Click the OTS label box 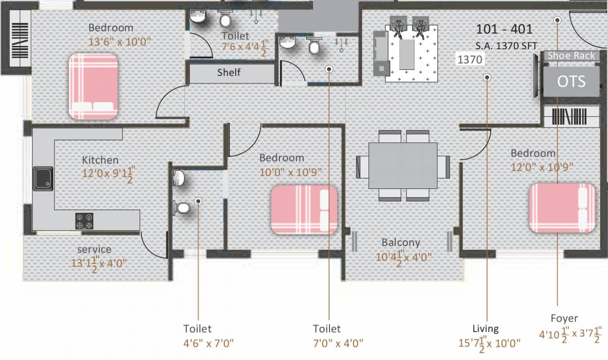(x=571, y=82)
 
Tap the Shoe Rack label (x=571, y=56)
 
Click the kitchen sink (x=43, y=179)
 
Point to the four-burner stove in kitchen (x=84, y=221)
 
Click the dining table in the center (x=403, y=165)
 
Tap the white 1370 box (x=470, y=59)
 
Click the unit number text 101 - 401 (x=504, y=29)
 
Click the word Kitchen (x=100, y=160)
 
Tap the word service (x=94, y=249)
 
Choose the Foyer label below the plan (x=564, y=318)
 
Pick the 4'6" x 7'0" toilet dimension (x=209, y=344)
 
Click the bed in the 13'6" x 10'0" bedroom (x=93, y=86)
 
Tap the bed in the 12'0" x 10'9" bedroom (x=562, y=208)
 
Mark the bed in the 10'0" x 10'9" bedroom (x=304, y=210)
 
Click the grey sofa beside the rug (x=382, y=53)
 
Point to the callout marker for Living (x=487, y=78)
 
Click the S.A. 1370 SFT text (x=506, y=46)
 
